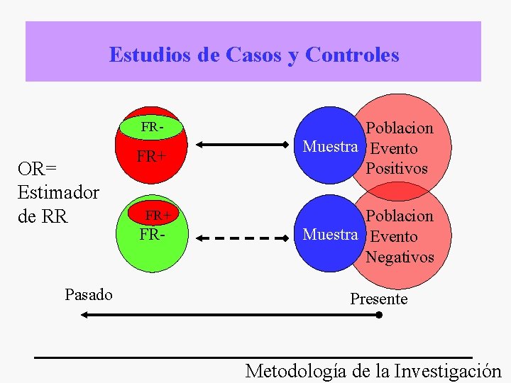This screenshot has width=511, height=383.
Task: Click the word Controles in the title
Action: pyautogui.click(x=352, y=55)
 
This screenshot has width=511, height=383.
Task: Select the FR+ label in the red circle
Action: pyautogui.click(x=151, y=157)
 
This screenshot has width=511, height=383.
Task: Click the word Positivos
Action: pyautogui.click(x=397, y=169)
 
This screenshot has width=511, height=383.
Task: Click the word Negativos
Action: pyautogui.click(x=400, y=257)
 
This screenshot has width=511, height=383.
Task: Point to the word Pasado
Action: pyautogui.click(x=88, y=294)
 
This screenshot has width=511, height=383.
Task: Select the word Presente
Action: pyautogui.click(x=379, y=299)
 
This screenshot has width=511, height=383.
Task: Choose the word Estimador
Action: pyautogui.click(x=58, y=192)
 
